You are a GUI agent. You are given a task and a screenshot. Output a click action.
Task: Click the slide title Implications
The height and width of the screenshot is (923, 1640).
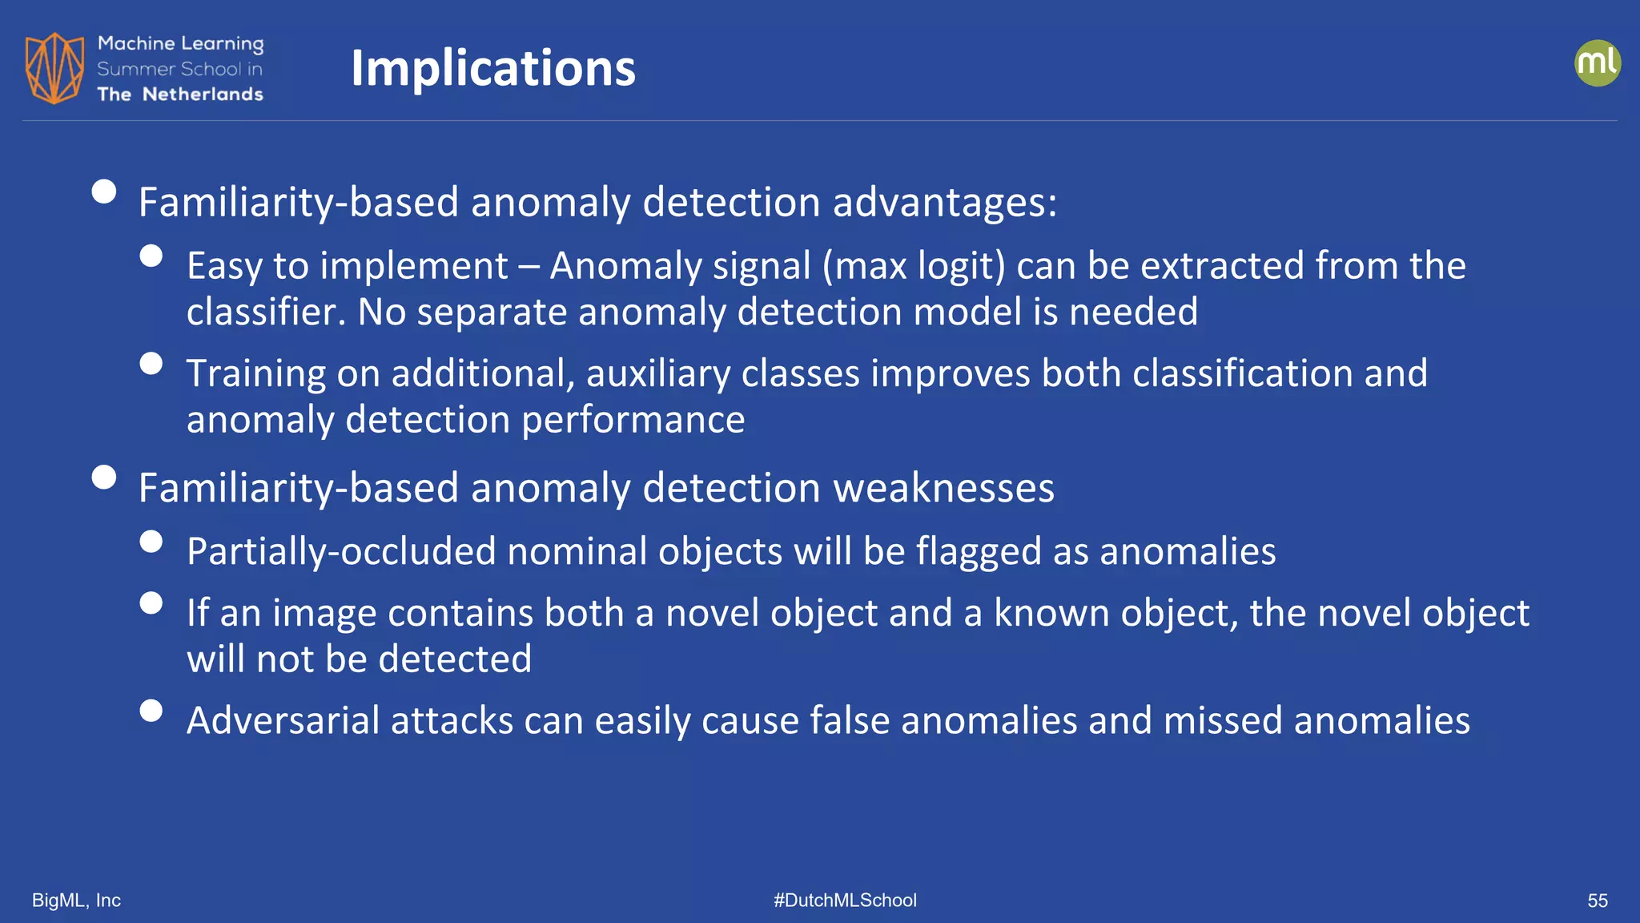[492, 68]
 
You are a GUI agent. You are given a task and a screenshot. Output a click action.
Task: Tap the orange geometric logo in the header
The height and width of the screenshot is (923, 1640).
[54, 68]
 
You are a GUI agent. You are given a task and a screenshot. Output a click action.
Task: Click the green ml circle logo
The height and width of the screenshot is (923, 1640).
[1597, 63]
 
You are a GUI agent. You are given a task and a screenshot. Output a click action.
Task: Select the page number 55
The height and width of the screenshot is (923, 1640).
[1597, 901]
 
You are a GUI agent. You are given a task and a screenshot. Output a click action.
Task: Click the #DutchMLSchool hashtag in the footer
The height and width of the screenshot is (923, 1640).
[845, 901]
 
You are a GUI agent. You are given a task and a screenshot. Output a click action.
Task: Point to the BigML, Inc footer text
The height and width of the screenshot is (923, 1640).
[76, 901]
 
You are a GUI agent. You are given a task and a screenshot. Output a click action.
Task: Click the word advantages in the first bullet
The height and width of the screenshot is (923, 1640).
[945, 202]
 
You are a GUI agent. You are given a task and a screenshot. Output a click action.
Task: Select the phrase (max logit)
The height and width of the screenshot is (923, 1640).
[913, 266]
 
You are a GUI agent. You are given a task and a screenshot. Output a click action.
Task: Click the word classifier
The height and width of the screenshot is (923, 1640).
[265, 312]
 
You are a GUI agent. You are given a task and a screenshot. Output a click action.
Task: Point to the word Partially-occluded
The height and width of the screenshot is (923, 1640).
[341, 551]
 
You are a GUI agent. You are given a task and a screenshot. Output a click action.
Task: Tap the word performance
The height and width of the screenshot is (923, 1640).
[633, 420]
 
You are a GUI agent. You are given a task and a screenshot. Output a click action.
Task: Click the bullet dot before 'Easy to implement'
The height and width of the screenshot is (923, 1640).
[151, 256]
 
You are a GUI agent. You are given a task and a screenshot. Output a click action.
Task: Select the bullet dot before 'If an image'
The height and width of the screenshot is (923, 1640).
[151, 603]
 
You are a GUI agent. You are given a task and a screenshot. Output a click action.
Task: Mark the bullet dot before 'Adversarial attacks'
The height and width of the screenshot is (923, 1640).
[151, 711]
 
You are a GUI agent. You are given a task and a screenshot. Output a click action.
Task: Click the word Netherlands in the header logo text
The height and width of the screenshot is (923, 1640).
[203, 95]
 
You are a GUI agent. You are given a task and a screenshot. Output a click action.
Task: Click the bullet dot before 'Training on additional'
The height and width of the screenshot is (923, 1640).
[151, 364]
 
